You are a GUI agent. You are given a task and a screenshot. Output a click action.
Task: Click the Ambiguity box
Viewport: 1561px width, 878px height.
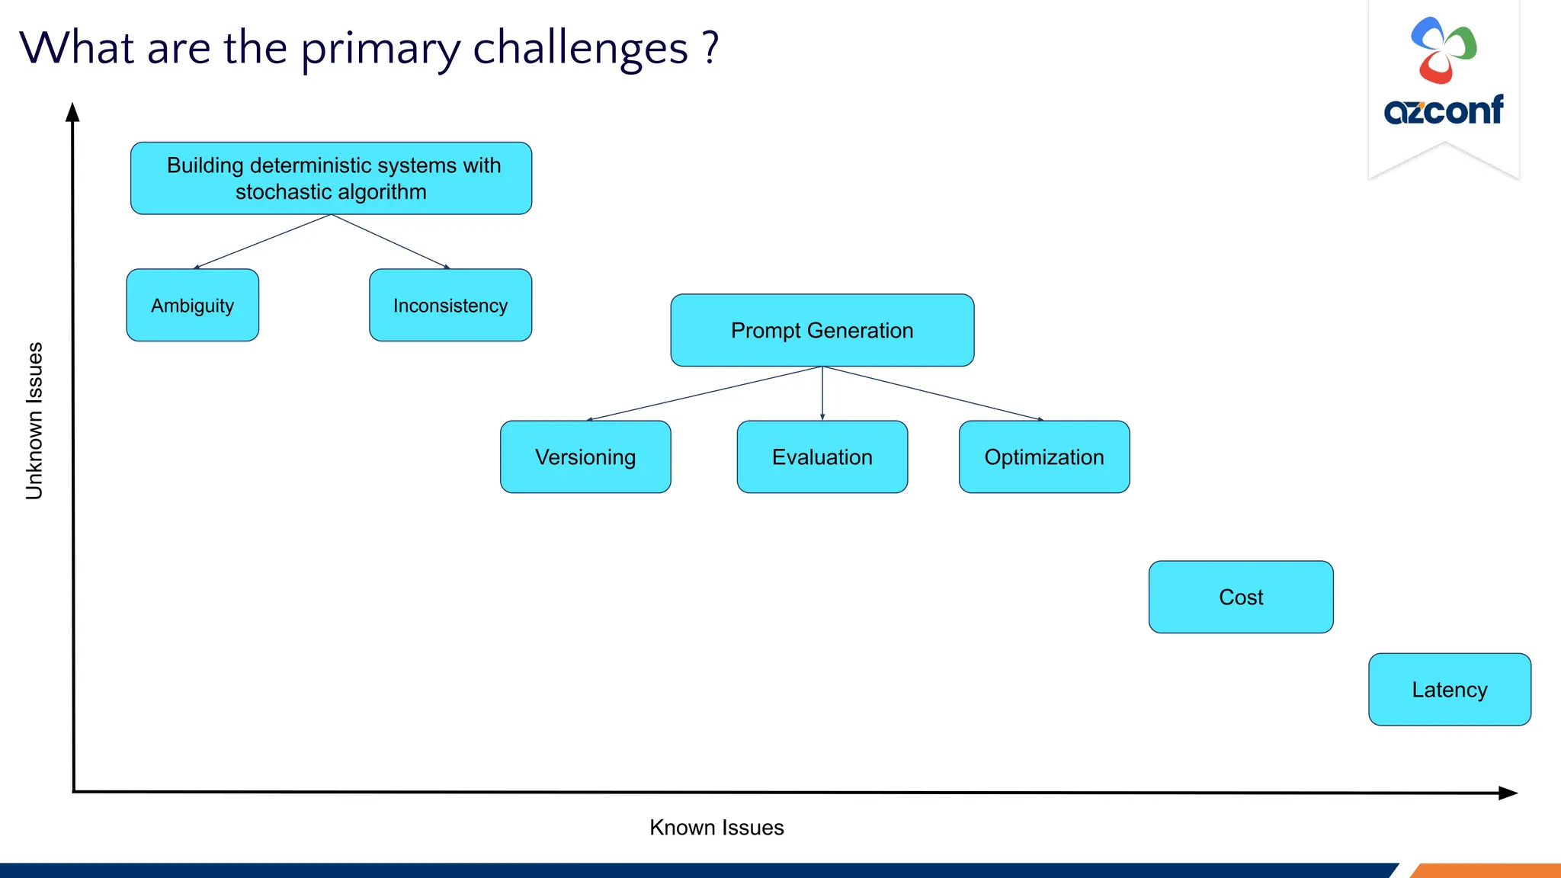(192, 305)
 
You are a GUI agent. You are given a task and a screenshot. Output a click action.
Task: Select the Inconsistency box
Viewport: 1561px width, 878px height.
(450, 305)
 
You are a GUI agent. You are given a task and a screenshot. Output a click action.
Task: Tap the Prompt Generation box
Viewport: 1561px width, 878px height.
(822, 330)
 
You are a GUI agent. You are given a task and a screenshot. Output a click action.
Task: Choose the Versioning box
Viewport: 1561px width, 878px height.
(585, 457)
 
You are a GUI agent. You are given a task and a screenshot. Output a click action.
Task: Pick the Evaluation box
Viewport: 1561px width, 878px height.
(822, 457)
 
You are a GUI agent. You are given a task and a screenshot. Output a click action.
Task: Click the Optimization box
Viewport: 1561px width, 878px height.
(1043, 457)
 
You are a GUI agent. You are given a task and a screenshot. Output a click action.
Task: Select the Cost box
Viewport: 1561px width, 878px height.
(1240, 597)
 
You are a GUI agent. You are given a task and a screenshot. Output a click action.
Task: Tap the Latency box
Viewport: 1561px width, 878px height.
(1449, 689)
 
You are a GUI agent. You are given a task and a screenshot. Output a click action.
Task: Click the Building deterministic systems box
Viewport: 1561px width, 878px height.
(331, 178)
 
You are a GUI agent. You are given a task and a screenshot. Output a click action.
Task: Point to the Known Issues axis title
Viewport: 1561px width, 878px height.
(716, 827)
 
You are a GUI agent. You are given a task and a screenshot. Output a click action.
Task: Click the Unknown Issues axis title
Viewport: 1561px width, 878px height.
(34, 421)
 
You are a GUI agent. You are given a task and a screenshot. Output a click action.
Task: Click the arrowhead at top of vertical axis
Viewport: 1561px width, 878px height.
(72, 113)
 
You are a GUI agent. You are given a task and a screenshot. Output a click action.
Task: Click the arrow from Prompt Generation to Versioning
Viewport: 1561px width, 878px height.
(704, 393)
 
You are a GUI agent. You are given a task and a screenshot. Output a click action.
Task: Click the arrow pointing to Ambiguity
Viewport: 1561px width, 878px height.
(263, 241)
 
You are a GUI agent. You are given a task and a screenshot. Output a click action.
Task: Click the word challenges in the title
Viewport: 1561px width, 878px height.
(580, 49)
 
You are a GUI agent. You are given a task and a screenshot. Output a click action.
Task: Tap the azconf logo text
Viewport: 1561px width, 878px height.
(1443, 111)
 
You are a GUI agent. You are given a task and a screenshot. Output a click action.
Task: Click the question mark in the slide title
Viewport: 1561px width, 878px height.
(710, 47)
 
